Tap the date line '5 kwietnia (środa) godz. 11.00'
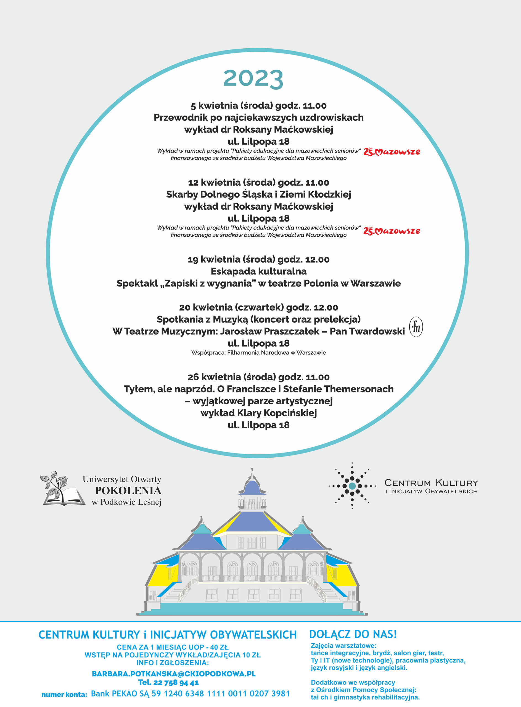point(258,106)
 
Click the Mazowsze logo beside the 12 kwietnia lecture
point(392,231)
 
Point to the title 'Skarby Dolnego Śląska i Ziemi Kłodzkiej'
point(258,194)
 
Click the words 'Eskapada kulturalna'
point(258,271)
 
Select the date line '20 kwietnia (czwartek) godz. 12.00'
point(258,307)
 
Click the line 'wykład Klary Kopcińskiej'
point(258,413)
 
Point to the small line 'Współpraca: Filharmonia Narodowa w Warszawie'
point(258,353)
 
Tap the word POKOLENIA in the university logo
point(128,490)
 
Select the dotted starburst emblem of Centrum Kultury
point(352,486)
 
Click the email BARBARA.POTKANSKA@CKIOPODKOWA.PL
point(173,674)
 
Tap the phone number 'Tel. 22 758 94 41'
point(168,682)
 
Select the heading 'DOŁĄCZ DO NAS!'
point(353,634)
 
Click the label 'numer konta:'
point(64,694)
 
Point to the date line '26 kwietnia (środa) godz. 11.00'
point(258,377)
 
